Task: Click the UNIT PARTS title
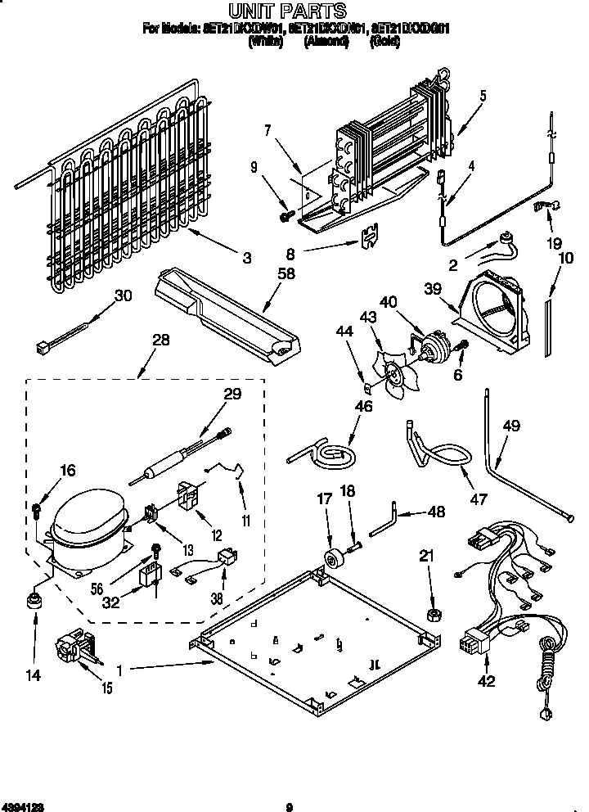tap(286, 11)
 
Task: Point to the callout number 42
tap(487, 681)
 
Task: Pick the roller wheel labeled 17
tap(333, 561)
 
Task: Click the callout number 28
tap(161, 340)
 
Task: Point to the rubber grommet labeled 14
tap(34, 602)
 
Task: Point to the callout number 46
tap(364, 406)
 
